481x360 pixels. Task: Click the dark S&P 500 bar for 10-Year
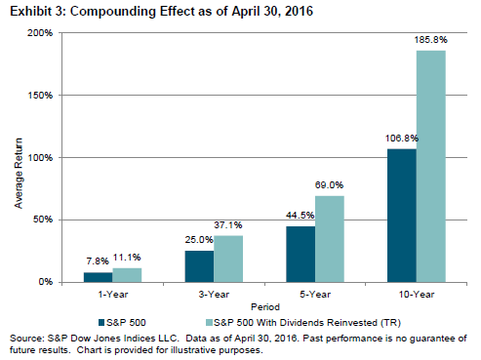click(x=402, y=216)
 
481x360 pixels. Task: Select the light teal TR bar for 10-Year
click(x=431, y=167)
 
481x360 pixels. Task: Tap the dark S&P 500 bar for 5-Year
click(x=301, y=255)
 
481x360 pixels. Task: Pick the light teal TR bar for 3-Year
click(x=228, y=259)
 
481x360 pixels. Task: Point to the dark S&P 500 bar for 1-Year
click(x=99, y=277)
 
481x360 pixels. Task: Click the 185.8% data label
click(x=431, y=40)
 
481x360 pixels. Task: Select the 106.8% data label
click(x=402, y=139)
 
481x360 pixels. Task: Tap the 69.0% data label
click(x=329, y=185)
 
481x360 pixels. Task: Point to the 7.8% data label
click(x=98, y=261)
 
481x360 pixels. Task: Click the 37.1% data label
click(x=228, y=225)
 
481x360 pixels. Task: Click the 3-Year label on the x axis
click(x=214, y=295)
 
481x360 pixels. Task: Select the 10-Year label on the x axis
click(x=417, y=295)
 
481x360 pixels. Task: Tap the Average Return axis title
click(x=19, y=173)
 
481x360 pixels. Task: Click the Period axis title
click(x=265, y=307)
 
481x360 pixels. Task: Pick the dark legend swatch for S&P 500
click(x=101, y=323)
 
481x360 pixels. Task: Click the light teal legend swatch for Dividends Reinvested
click(x=209, y=323)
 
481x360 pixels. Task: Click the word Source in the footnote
click(x=26, y=339)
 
